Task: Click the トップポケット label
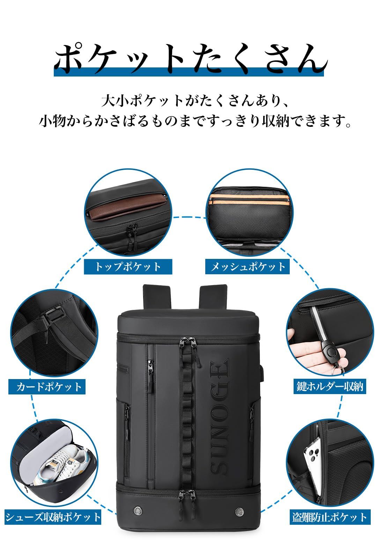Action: (128, 267)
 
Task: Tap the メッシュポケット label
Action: (248, 267)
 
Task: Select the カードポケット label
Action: (47, 387)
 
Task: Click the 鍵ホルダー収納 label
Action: (330, 386)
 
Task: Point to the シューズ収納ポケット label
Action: (53, 517)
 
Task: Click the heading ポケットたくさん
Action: (190, 58)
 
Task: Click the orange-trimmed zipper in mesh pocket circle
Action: (249, 199)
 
